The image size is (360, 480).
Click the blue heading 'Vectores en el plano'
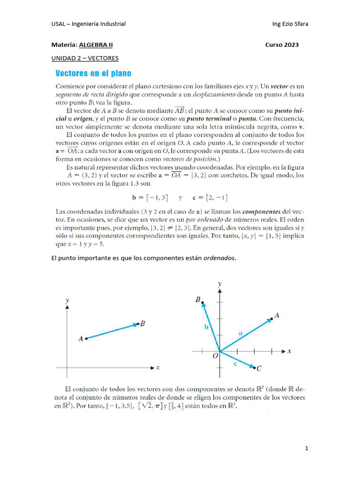click(93, 74)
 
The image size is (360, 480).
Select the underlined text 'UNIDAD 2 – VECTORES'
click(85, 58)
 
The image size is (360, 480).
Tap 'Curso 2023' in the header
click(282, 45)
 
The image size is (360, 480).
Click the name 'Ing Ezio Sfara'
click(290, 24)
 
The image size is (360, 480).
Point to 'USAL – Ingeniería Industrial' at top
click(88, 24)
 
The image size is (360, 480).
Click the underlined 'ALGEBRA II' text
click(96, 45)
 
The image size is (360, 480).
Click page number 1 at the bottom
click(307, 449)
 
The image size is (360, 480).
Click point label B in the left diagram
click(142, 324)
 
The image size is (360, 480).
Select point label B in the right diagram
click(198, 300)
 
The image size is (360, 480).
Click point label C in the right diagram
click(259, 369)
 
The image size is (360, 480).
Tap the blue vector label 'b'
click(206, 327)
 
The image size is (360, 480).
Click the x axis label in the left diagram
click(158, 368)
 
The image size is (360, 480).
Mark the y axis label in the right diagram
click(219, 284)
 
